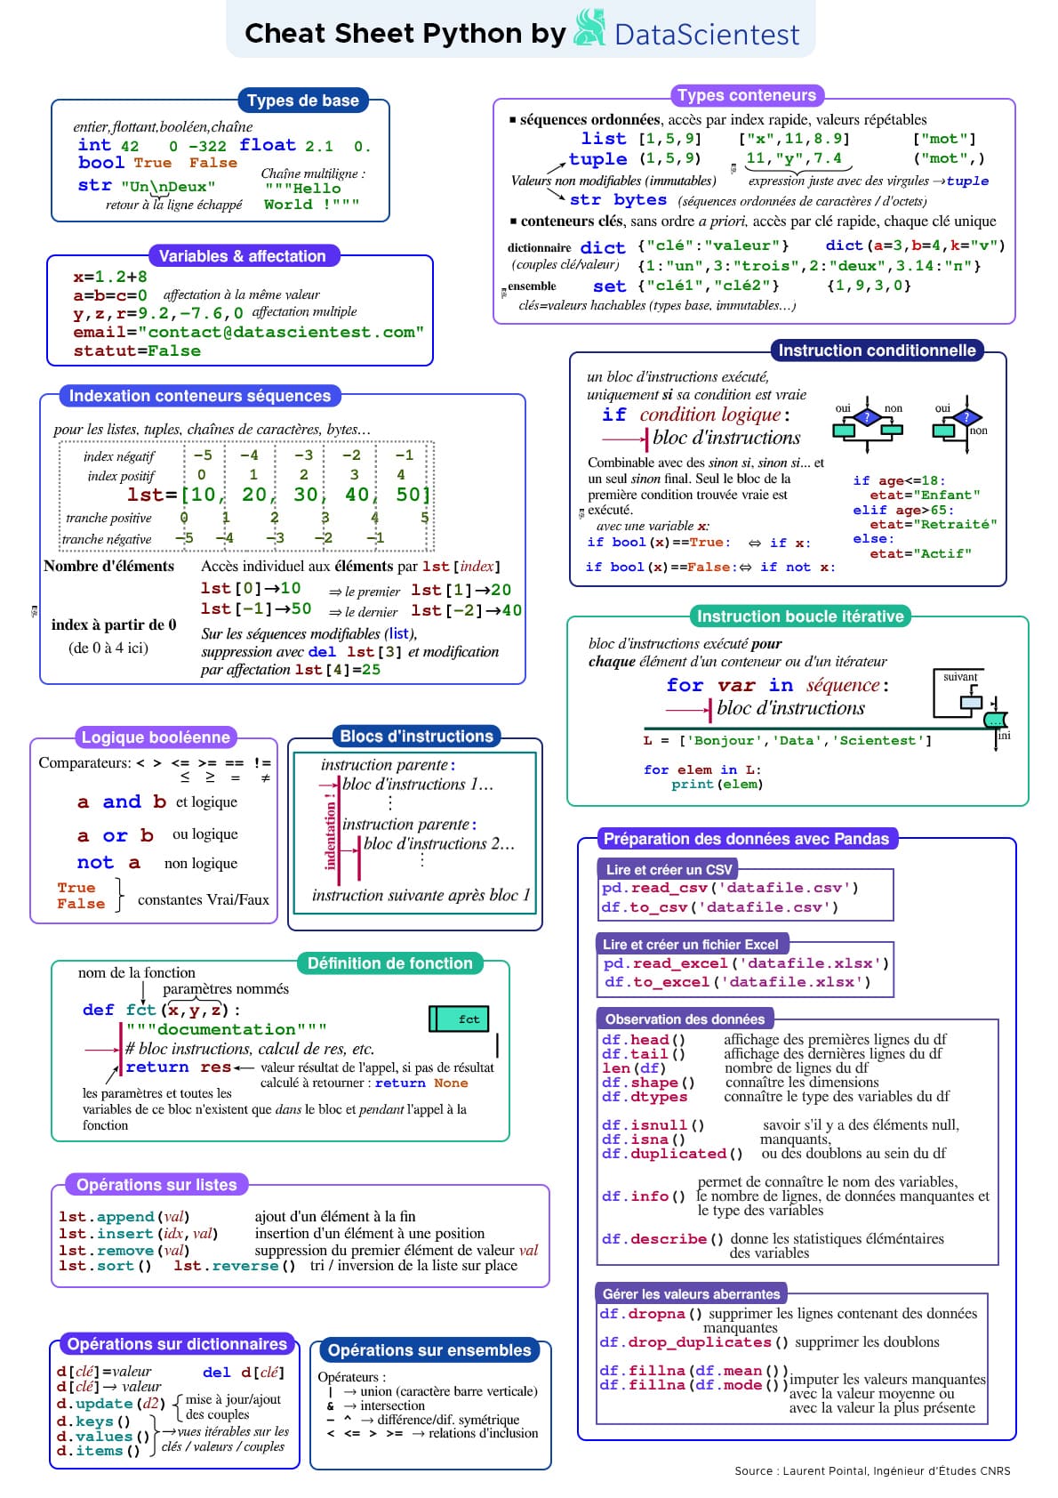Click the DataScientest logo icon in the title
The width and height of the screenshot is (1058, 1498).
589,28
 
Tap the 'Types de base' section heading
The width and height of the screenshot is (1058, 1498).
302,101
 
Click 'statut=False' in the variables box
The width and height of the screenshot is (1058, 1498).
137,350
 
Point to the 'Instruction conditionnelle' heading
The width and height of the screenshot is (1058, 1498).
877,350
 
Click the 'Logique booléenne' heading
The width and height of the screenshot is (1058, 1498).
156,737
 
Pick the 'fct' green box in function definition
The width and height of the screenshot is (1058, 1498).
460,1019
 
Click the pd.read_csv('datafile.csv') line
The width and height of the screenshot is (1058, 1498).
730,888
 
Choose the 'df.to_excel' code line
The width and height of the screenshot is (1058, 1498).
737,982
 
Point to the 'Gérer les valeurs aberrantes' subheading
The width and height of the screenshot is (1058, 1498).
691,1294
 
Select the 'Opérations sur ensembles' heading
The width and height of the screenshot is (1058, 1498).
429,1350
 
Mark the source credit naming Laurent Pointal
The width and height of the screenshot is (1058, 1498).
871,1470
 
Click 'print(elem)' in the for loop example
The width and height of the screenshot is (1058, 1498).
717,785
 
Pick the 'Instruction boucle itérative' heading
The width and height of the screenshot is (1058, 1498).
799,616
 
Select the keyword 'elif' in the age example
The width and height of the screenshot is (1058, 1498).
870,511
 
